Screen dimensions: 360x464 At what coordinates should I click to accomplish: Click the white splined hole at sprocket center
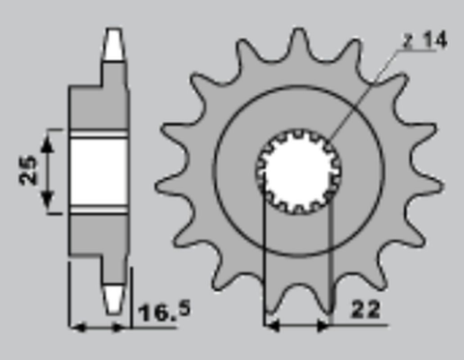pos(295,170)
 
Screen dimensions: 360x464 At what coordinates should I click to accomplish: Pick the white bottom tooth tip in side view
pos(113,296)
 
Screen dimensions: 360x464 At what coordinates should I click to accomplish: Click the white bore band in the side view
pos(99,170)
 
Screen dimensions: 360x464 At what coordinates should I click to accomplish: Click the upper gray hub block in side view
pos(99,107)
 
